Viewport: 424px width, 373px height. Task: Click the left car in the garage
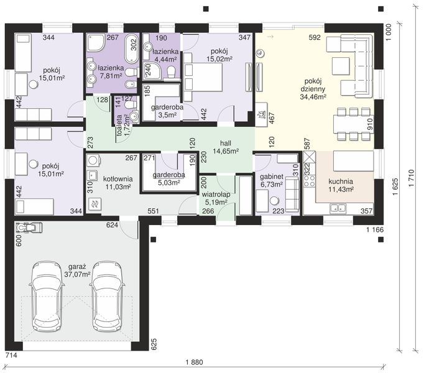47,296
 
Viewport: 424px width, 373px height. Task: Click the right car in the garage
107,296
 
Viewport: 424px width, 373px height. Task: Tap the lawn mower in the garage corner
29,227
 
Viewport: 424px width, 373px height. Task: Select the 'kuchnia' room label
341,182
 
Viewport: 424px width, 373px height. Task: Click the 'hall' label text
226,144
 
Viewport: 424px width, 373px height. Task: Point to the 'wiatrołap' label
216,195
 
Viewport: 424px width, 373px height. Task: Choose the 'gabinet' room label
272,177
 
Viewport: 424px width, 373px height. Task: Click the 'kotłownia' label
118,179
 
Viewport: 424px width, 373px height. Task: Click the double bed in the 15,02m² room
203,73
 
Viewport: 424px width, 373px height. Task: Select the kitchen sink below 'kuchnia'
338,208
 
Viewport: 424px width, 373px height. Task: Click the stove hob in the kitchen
310,181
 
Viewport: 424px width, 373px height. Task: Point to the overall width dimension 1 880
195,362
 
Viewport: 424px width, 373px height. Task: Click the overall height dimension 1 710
412,178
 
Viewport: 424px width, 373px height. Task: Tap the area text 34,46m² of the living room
313,96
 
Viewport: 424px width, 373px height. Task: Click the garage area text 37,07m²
77,274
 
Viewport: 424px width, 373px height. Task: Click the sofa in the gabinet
292,195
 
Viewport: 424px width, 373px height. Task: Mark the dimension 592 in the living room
315,37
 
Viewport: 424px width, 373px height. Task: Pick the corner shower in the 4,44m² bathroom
152,71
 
